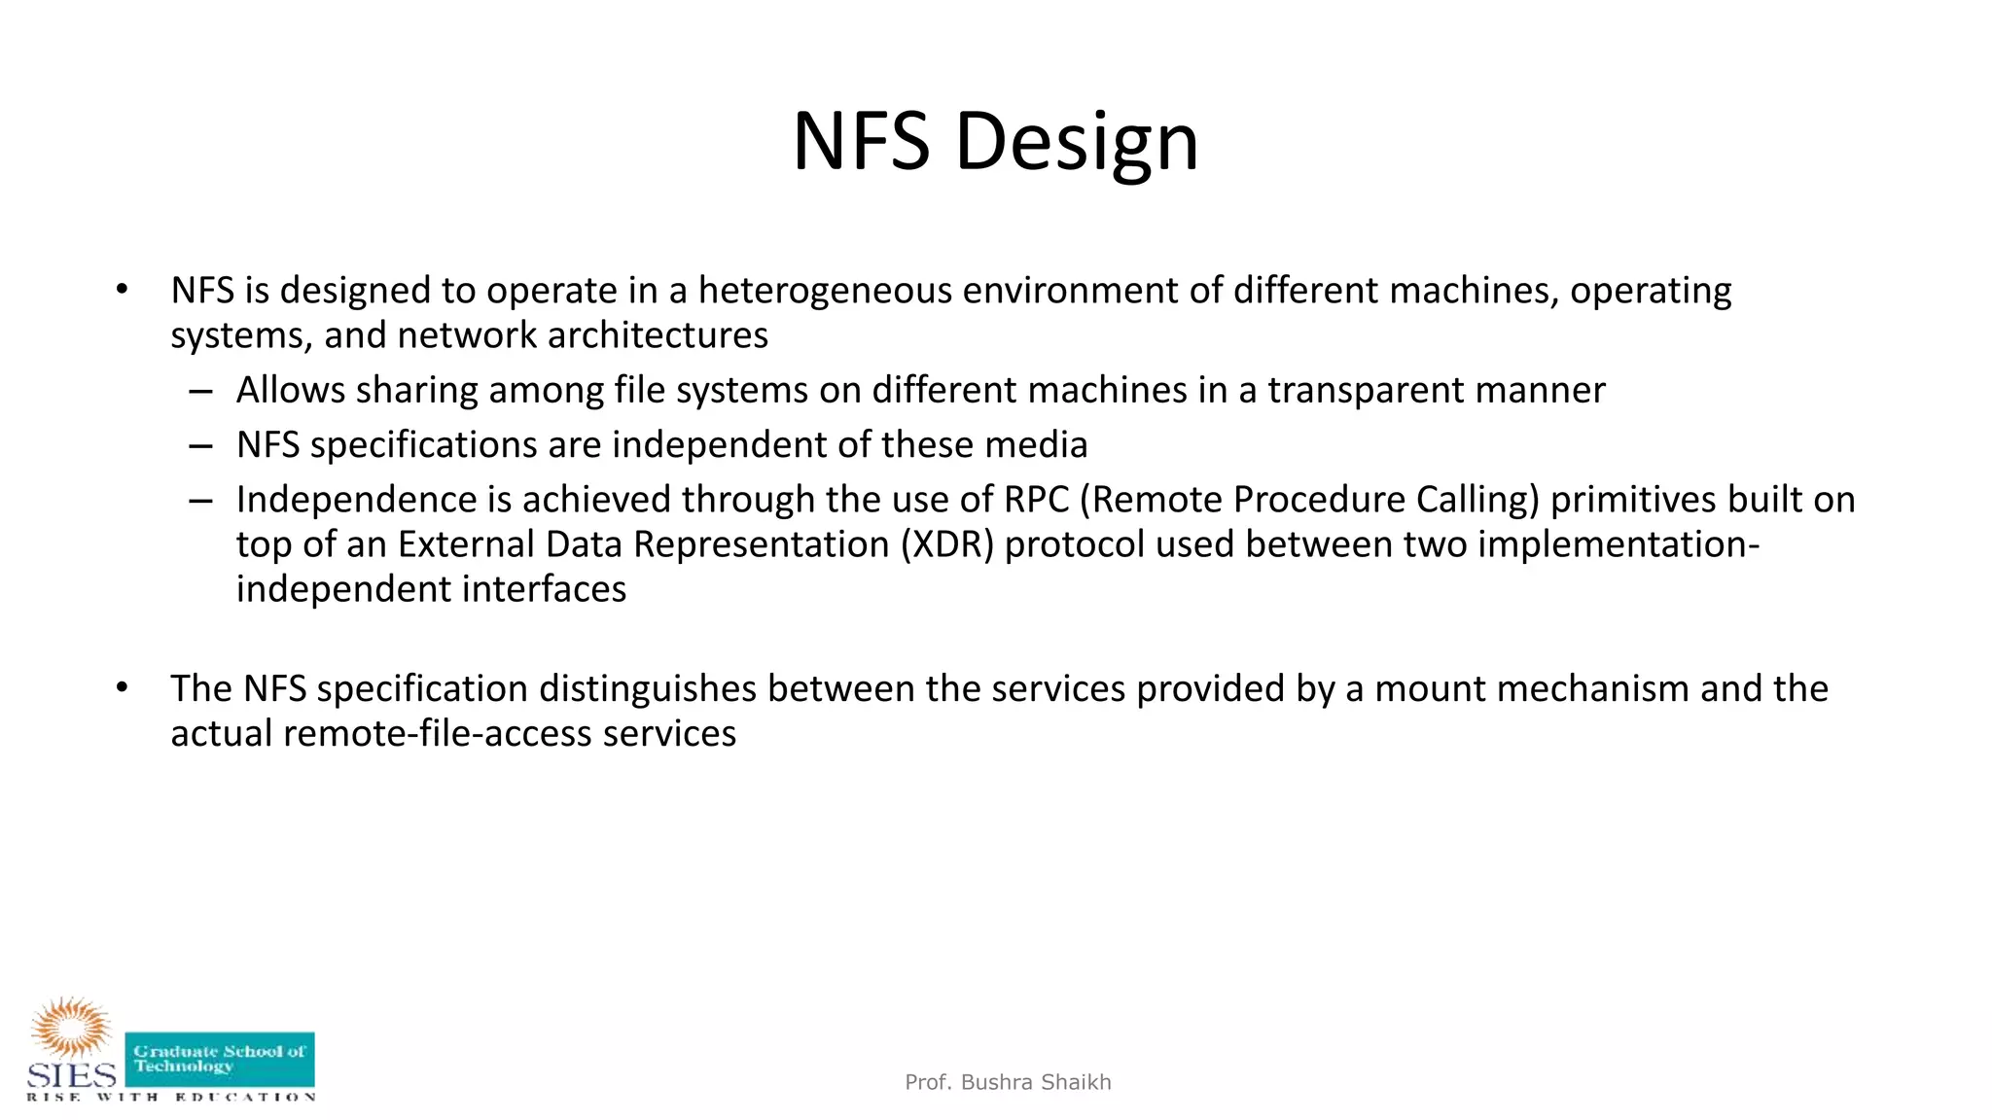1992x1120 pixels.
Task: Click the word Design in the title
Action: [x=1077, y=143]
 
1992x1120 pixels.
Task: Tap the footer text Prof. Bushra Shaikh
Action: [x=1008, y=1082]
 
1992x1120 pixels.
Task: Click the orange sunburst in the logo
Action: [x=71, y=1026]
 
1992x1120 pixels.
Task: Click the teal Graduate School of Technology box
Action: [x=220, y=1059]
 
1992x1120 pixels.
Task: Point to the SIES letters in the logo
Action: [x=71, y=1075]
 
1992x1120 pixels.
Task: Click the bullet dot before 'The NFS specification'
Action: [x=122, y=688]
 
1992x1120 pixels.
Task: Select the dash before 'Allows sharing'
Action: [x=201, y=391]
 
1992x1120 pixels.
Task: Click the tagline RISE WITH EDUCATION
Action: [x=171, y=1097]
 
